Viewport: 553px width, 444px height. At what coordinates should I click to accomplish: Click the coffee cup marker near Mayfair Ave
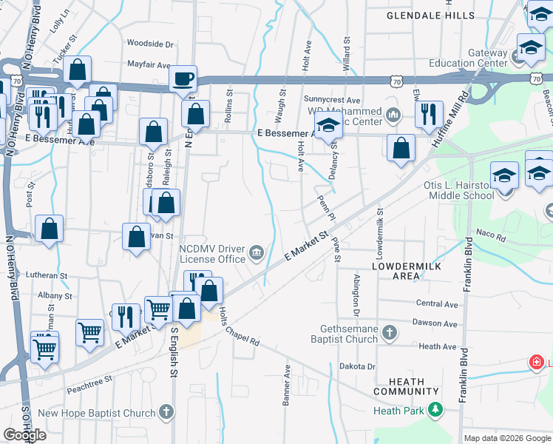tap(183, 78)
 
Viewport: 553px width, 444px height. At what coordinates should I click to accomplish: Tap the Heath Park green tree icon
tap(436, 409)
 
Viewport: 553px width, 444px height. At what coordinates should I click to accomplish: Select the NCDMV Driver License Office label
tap(211, 254)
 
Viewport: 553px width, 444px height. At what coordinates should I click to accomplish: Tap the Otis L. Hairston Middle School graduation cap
tap(505, 176)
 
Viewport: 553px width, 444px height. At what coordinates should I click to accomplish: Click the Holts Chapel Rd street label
tap(238, 327)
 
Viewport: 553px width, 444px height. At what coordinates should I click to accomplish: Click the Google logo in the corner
tap(25, 435)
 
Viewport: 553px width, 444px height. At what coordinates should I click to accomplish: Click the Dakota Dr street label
tap(358, 366)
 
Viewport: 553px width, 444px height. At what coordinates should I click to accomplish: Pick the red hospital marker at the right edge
tap(536, 363)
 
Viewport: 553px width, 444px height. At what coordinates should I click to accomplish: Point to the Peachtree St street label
tap(89, 378)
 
